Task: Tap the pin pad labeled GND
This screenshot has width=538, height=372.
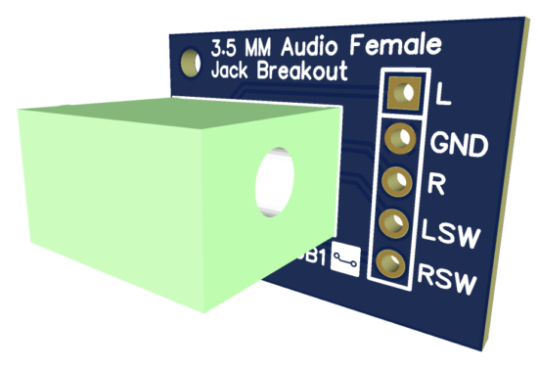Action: [399, 139]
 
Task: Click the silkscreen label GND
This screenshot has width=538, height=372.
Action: [459, 145]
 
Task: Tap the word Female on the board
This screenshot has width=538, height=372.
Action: [395, 46]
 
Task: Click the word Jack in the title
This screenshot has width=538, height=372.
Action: [231, 71]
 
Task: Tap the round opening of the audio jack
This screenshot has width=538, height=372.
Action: [276, 183]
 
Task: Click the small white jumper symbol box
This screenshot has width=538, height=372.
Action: [344, 257]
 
